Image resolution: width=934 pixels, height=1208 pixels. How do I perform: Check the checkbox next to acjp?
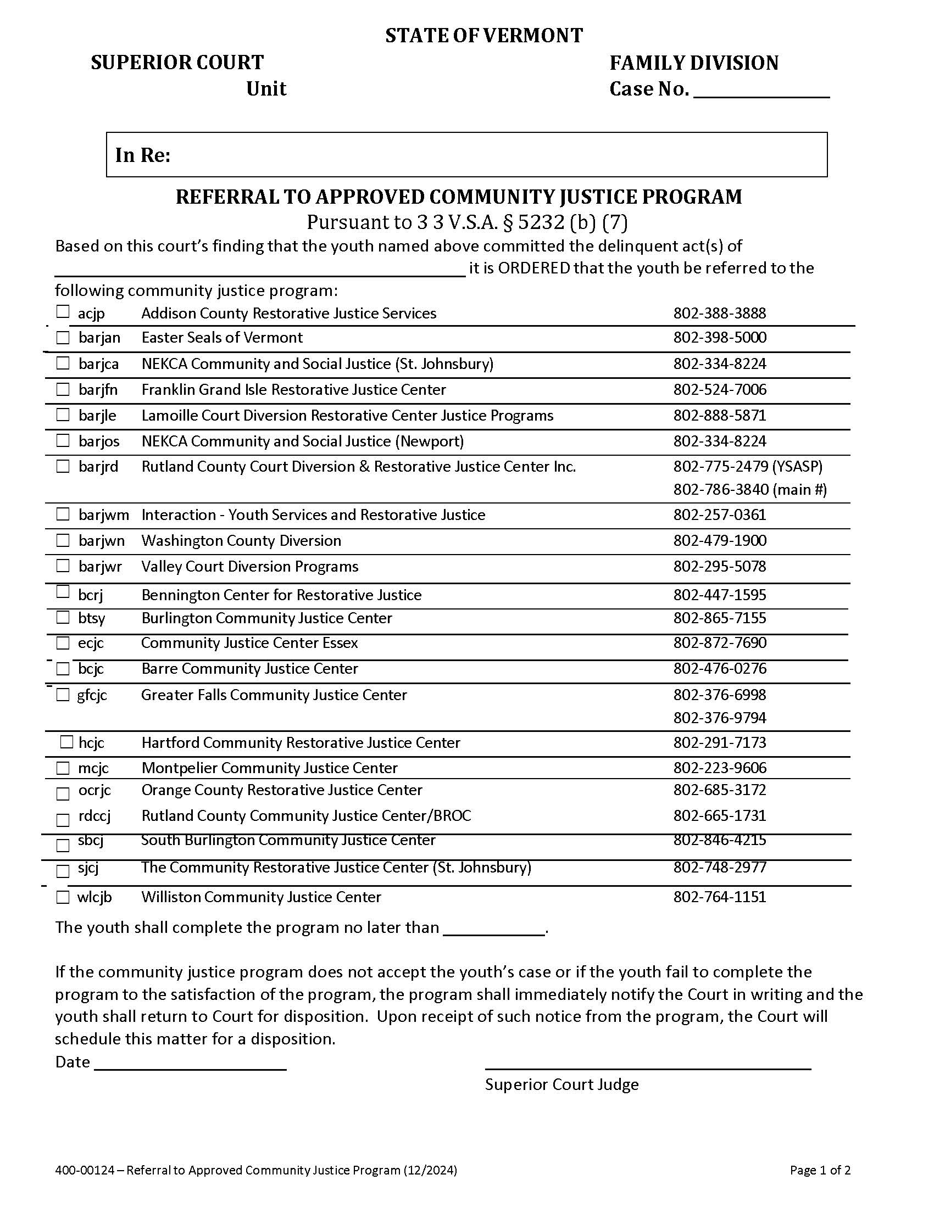[63, 311]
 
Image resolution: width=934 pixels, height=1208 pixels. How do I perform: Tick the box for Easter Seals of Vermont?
[63, 337]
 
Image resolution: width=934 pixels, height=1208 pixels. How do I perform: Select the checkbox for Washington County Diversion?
[63, 540]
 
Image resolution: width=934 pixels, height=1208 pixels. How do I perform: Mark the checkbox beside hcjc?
[66, 742]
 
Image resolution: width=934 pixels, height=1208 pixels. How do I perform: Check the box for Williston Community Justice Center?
[63, 897]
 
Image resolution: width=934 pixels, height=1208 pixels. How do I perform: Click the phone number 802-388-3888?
[719, 314]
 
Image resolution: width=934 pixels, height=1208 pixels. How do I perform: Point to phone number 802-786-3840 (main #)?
[750, 489]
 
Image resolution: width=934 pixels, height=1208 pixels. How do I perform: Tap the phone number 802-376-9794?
[719, 718]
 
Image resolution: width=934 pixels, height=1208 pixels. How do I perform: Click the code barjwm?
[103, 515]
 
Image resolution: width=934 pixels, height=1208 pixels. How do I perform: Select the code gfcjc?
[92, 695]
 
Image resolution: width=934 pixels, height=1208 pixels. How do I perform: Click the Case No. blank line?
[761, 91]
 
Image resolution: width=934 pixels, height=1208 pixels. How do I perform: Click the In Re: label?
[143, 155]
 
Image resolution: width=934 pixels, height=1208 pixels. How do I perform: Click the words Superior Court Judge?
[561, 1084]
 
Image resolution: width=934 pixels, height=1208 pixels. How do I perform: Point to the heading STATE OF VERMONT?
[483, 36]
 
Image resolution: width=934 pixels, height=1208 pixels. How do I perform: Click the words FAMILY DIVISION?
[694, 63]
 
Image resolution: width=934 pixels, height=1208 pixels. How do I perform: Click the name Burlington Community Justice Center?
[266, 618]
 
